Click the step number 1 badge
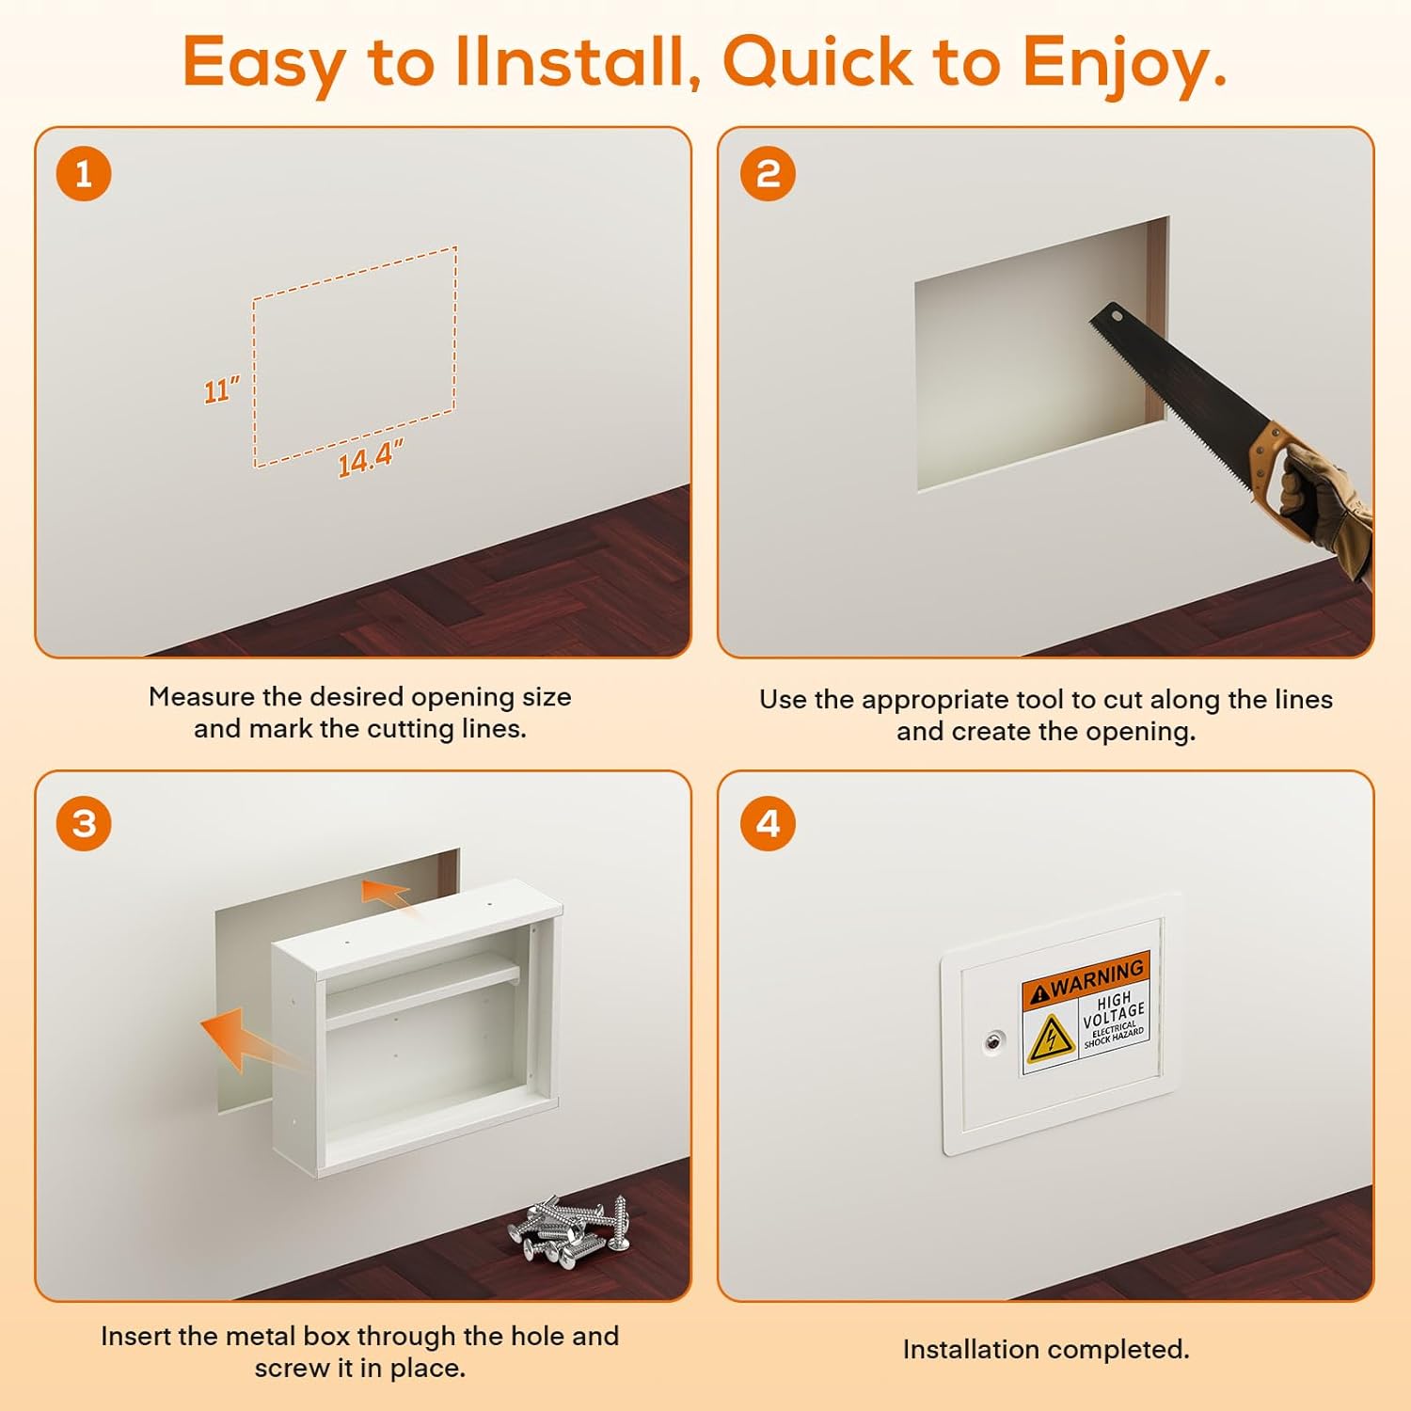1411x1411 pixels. pos(84,174)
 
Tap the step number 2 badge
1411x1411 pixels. pos(768,174)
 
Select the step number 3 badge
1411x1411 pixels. pos(84,824)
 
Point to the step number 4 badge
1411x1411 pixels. pos(768,824)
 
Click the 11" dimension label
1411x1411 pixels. pos(222,389)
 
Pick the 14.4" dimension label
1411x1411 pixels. pos(371,457)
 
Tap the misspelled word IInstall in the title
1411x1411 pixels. pos(578,62)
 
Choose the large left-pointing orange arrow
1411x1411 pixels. pos(246,1039)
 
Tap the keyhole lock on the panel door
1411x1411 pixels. pos(993,1042)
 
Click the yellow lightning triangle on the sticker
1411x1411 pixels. pos(1051,1039)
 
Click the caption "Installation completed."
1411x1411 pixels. pos(1046,1350)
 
